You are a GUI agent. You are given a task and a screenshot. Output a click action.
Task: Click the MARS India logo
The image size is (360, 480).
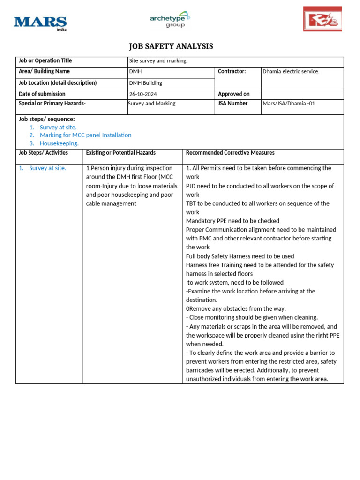(40, 22)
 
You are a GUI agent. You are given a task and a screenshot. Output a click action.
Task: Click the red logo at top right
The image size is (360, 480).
(322, 19)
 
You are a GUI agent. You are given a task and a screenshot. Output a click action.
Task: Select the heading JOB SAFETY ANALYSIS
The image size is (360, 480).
(171, 46)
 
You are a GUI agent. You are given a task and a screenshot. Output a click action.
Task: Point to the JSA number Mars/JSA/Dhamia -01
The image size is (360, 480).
(289, 104)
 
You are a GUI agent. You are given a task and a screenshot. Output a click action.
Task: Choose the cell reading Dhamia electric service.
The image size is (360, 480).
(291, 72)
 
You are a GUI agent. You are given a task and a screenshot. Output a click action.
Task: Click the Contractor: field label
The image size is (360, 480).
(232, 72)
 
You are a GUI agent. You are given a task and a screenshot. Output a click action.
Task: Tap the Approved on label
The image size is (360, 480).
(234, 94)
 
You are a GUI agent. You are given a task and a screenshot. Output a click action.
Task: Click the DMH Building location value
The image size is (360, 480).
(146, 83)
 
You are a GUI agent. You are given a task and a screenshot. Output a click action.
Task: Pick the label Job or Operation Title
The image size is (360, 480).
(45, 61)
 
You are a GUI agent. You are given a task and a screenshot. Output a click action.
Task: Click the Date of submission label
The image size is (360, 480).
(42, 94)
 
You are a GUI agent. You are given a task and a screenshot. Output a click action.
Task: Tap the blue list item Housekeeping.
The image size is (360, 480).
(59, 143)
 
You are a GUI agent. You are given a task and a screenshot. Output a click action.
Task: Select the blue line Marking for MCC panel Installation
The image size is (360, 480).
(85, 135)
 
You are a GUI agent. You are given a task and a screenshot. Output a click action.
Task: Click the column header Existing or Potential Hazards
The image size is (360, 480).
(121, 153)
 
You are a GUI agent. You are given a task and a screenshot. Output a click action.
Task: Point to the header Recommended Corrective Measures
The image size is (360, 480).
(230, 153)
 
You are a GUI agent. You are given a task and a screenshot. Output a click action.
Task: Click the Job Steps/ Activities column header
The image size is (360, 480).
(43, 153)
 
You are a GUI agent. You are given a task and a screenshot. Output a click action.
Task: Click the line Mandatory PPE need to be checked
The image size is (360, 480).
(232, 221)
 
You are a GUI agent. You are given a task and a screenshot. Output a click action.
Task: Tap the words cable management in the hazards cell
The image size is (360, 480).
(111, 203)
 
